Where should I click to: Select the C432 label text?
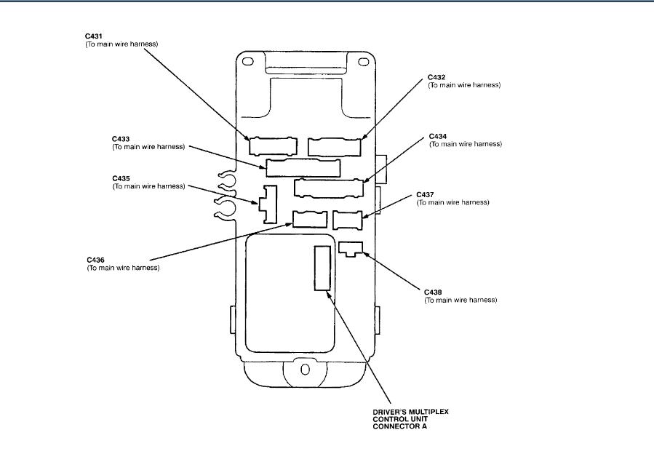[436, 76]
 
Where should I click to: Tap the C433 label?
[121, 138]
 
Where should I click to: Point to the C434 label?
[438, 135]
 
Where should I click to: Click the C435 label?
[121, 178]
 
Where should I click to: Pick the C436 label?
[95, 260]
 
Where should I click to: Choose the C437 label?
[425, 194]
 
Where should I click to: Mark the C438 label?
[433, 292]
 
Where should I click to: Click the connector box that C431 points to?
[268, 146]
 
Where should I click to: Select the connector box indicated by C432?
[334, 146]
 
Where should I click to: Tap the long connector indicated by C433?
[303, 167]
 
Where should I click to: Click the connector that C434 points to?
[328, 188]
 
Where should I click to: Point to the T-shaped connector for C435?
[269, 203]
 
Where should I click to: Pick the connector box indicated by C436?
[309, 219]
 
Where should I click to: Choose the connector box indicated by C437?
[347, 219]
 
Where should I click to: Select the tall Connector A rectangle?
[322, 268]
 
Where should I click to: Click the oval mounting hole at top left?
[248, 63]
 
